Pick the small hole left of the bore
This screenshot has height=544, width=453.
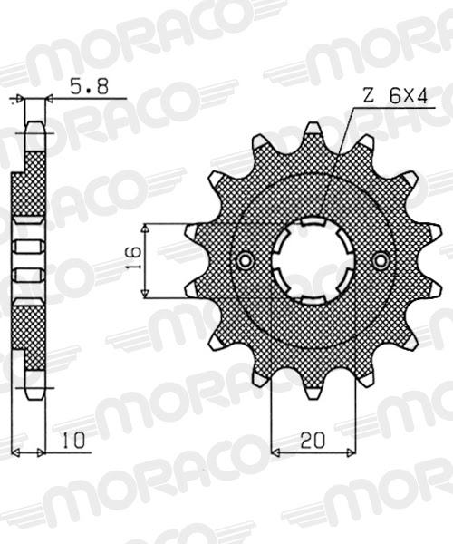pyautogui.click(x=245, y=261)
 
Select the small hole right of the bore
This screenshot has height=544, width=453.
pyautogui.click(x=383, y=261)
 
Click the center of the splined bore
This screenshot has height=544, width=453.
pyautogui.click(x=313, y=261)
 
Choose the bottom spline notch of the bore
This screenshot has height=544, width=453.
pyautogui.click(x=313, y=300)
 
